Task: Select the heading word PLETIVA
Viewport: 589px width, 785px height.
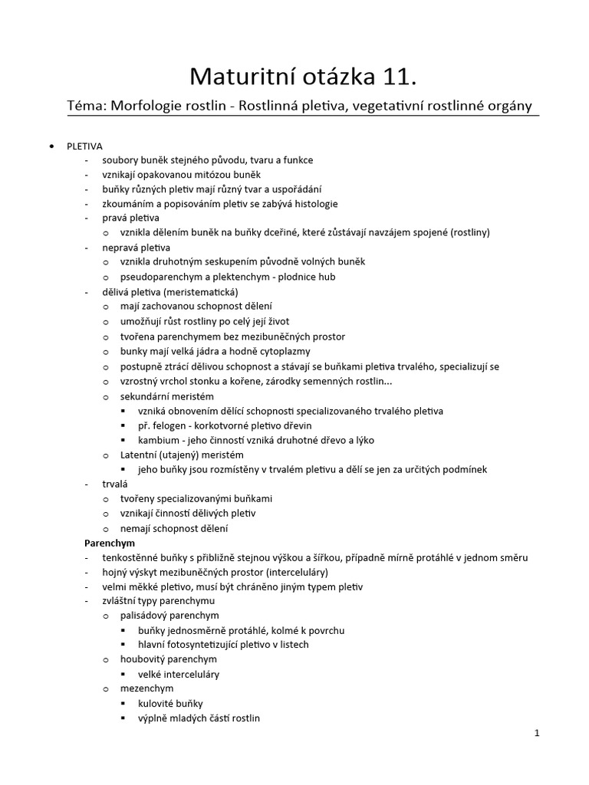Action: click(84, 146)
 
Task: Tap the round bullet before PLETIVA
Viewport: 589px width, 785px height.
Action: click(51, 146)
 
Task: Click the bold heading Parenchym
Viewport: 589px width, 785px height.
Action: click(110, 543)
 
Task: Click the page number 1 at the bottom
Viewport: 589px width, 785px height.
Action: click(538, 733)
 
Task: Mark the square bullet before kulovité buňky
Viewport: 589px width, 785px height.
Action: click(124, 704)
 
